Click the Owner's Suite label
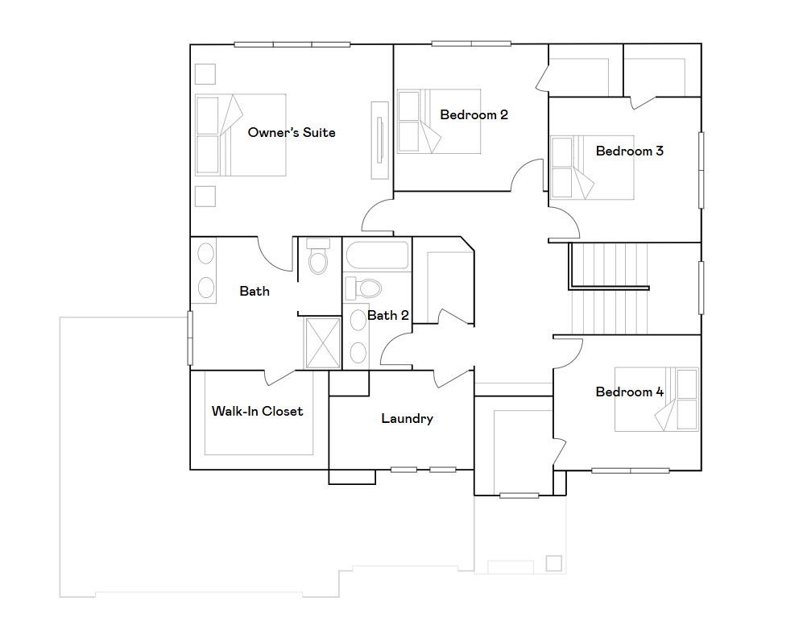292,132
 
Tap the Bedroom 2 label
474,115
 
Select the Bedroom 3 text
629,151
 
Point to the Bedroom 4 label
629,392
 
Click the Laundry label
407,419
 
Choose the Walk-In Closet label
257,412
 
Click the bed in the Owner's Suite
240,135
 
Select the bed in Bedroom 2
439,122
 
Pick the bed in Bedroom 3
591,167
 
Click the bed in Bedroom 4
656,400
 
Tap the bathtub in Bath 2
377,256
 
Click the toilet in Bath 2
369,288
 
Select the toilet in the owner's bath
319,258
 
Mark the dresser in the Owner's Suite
379,140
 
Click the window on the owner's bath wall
190,338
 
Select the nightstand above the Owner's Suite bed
205,73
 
